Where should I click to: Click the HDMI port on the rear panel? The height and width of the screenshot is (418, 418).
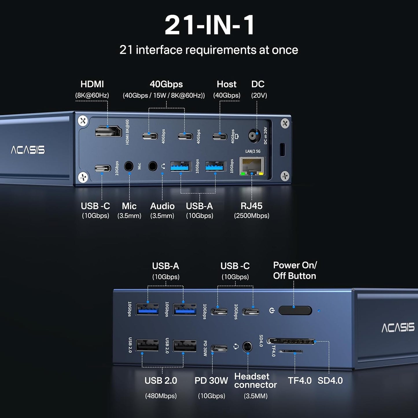(108, 132)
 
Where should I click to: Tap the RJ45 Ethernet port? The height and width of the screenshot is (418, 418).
(252, 166)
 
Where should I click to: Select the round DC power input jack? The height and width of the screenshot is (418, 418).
(255, 135)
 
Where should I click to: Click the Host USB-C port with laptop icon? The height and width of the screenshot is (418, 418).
(220, 136)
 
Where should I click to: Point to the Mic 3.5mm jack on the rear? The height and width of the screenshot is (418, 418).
(129, 167)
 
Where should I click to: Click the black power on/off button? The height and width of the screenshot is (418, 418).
(295, 311)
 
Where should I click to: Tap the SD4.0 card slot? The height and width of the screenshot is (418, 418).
(291, 342)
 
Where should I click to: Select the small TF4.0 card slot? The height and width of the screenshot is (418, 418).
(291, 352)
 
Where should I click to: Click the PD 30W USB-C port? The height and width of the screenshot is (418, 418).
(219, 348)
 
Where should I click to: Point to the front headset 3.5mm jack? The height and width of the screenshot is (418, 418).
(247, 347)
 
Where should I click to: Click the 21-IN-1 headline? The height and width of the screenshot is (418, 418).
(209, 25)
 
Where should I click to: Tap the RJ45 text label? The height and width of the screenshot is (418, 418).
(251, 206)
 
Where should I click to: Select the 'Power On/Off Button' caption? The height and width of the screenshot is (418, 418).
(295, 270)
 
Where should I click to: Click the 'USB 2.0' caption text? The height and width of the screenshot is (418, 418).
(161, 381)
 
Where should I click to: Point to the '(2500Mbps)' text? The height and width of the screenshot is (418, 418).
(251, 216)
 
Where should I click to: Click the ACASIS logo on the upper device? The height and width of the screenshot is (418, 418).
(28, 150)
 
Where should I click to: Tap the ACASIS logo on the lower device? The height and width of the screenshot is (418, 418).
(398, 328)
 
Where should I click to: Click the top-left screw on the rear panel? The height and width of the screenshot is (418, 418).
(83, 121)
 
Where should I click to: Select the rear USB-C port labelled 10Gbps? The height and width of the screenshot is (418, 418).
(103, 168)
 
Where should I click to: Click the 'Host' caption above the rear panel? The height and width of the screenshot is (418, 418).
(227, 84)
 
